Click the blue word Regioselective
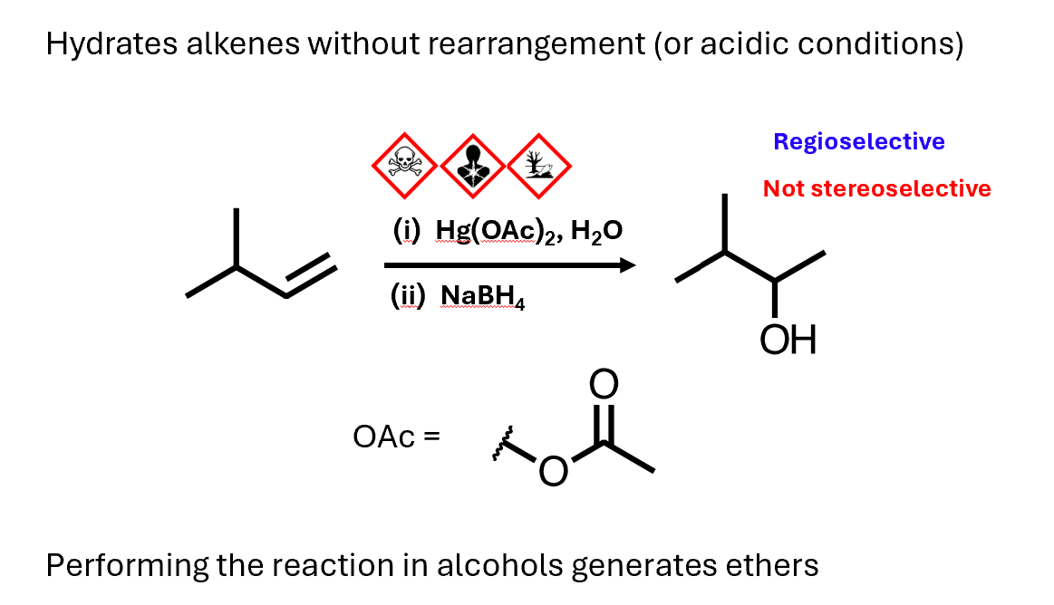[x=858, y=142]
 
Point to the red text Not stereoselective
[x=876, y=188]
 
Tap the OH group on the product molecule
[x=788, y=340]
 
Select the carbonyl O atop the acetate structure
[x=604, y=385]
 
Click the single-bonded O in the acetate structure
[x=553, y=472]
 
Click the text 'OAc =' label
[x=396, y=437]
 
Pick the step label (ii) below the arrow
[x=407, y=296]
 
